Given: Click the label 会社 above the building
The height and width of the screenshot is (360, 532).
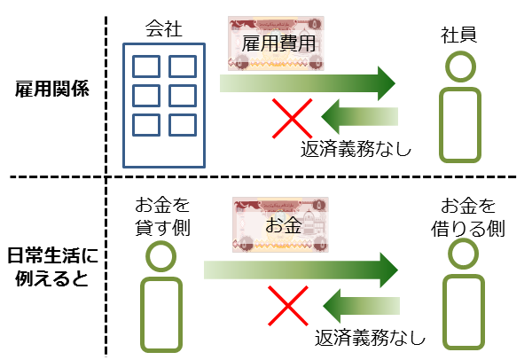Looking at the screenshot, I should point(163,28).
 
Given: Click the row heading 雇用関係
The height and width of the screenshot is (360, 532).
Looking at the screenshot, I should point(51,90).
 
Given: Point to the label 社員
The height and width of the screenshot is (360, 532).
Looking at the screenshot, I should point(459,35).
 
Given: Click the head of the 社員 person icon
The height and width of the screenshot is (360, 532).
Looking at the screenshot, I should point(459,67).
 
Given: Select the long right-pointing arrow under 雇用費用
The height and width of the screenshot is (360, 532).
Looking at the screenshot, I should point(307,83).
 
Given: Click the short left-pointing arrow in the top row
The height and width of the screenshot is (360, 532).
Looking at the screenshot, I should point(360,115).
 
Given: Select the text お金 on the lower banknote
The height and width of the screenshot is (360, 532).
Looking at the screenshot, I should point(283,225).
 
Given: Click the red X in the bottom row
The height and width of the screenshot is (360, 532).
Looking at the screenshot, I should point(289,307).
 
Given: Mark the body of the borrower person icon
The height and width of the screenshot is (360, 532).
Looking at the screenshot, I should point(465,310).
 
